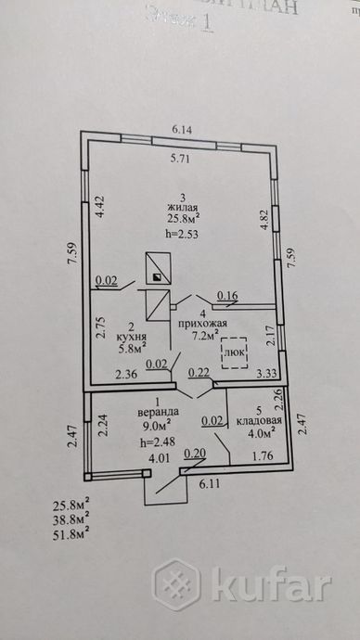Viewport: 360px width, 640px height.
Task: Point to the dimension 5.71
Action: tap(180, 157)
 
